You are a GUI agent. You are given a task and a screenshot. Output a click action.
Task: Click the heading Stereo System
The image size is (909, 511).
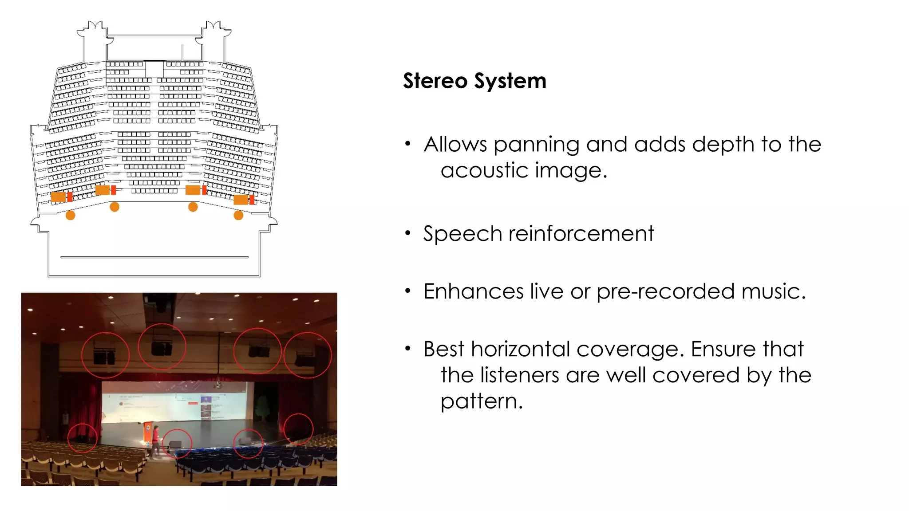(x=474, y=81)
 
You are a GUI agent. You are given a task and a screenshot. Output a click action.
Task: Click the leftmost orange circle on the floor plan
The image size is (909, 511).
(x=71, y=216)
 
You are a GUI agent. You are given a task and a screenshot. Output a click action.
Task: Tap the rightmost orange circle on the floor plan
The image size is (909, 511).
(x=238, y=216)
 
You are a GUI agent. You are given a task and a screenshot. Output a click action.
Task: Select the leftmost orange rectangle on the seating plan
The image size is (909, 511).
(x=58, y=197)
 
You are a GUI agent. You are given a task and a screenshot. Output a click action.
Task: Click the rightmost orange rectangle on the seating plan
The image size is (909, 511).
(x=241, y=200)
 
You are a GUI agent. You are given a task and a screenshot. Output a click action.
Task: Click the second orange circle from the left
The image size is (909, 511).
(x=115, y=207)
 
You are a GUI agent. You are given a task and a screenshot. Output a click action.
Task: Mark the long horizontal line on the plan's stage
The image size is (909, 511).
(x=154, y=257)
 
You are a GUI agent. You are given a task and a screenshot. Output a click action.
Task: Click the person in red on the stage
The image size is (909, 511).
(x=155, y=440)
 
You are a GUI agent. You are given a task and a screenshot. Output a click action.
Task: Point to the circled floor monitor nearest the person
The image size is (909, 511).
(x=176, y=444)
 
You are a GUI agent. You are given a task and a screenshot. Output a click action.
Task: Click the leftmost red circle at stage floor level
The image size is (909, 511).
(x=82, y=438)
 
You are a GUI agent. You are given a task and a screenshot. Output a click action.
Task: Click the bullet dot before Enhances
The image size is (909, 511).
(x=408, y=291)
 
